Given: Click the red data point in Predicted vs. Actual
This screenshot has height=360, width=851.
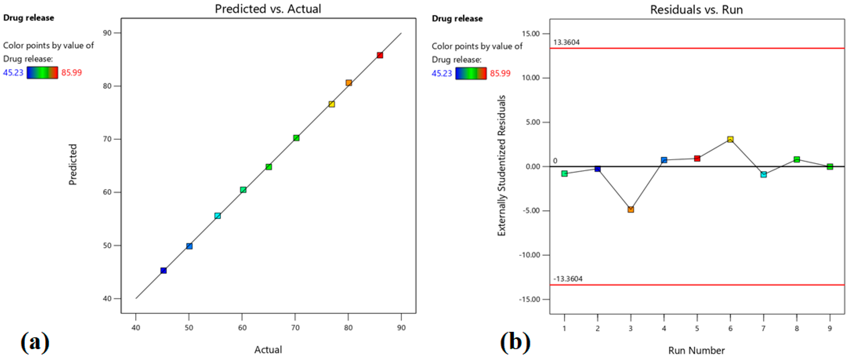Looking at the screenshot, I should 380,55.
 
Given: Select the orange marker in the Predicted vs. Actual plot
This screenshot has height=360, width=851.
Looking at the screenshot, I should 349,83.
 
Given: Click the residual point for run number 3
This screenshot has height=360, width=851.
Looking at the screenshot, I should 631,209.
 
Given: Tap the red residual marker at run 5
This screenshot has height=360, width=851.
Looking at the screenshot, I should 697,159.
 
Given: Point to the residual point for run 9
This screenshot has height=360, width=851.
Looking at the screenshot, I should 830,167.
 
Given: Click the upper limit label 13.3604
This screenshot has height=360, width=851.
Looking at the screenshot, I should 566,42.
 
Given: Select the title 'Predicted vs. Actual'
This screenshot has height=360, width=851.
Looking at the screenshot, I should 268,9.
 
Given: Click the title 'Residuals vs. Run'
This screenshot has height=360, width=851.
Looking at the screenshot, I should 696,10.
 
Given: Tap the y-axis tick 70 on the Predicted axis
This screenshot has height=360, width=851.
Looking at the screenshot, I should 107,139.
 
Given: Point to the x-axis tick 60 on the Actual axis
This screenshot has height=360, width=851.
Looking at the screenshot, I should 242,328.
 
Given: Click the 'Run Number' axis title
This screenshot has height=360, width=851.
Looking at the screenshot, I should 696,350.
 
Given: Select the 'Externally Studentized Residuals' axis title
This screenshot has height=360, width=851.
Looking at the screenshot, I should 502,165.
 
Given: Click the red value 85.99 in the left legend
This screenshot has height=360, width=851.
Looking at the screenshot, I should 71,72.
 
